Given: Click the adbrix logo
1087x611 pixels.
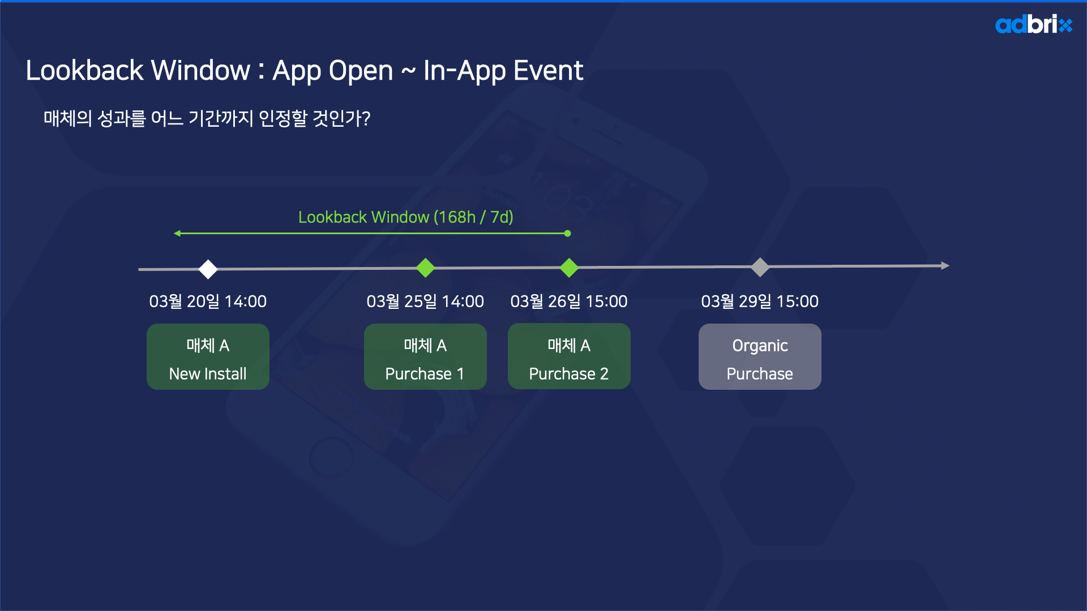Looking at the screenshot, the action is (x=1034, y=24).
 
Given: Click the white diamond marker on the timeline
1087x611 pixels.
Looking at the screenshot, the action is (x=208, y=269).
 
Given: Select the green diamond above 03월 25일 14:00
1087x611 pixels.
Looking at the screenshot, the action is (x=425, y=268).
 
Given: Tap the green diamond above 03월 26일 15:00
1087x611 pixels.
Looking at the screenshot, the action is (x=569, y=268).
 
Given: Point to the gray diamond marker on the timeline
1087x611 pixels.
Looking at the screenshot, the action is (x=760, y=267).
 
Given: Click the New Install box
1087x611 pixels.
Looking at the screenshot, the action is (x=208, y=356).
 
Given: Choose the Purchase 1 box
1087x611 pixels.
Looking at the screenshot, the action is (x=425, y=356).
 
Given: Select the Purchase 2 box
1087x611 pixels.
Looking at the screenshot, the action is (x=569, y=356).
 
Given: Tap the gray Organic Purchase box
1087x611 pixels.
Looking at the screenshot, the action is (x=760, y=356).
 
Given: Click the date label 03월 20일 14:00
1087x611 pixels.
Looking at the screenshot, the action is (x=208, y=302).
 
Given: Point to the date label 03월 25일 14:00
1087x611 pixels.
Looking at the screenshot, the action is (x=425, y=302).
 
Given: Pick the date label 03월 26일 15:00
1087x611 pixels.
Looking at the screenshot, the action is (x=569, y=302).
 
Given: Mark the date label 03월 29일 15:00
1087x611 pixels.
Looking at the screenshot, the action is (x=760, y=302).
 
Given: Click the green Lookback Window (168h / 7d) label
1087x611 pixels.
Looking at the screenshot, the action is (x=406, y=217).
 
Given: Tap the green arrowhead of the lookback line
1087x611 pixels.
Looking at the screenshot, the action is (x=177, y=233).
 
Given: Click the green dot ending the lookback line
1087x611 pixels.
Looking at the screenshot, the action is (x=567, y=233).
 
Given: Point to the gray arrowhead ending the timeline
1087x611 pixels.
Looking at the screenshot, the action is (x=945, y=265).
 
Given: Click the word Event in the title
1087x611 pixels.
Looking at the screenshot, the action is (x=548, y=71).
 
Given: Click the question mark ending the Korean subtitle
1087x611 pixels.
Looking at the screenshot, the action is (x=366, y=118).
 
